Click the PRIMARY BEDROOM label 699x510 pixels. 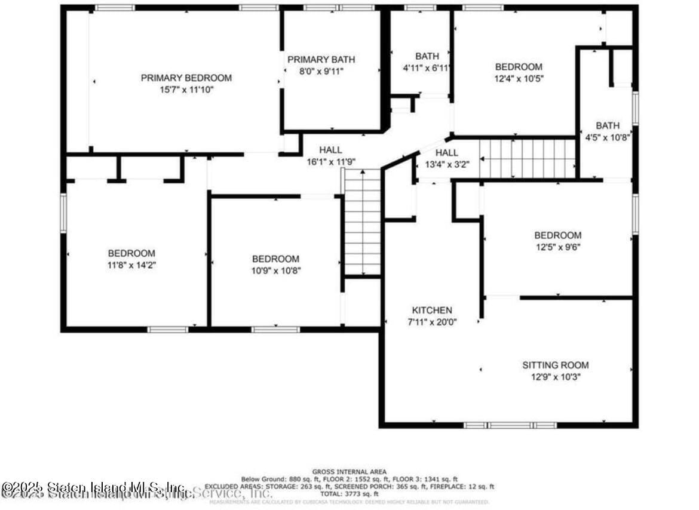pos(186,78)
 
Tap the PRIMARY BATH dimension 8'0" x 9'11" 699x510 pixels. pos(321,70)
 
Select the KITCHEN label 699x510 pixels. pos(432,310)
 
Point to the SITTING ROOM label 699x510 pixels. pos(555,365)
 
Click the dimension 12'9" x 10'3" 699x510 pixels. pos(555,376)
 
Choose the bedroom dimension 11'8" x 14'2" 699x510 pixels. pos(131,264)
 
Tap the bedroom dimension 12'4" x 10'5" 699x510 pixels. pos(519,78)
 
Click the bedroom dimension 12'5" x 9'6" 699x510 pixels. pos(557,246)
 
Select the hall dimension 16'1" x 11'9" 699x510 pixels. pos(331,161)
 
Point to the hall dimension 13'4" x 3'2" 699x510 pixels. pos(446,164)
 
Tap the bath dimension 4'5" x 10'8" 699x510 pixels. pos(607,137)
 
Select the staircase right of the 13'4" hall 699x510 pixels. pos(528,159)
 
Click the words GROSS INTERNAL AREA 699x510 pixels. pos(349,472)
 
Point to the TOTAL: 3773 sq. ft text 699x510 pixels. pos(349,494)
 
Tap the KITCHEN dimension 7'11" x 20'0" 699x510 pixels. pos(432,321)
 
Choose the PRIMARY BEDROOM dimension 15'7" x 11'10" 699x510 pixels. pos(186,89)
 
